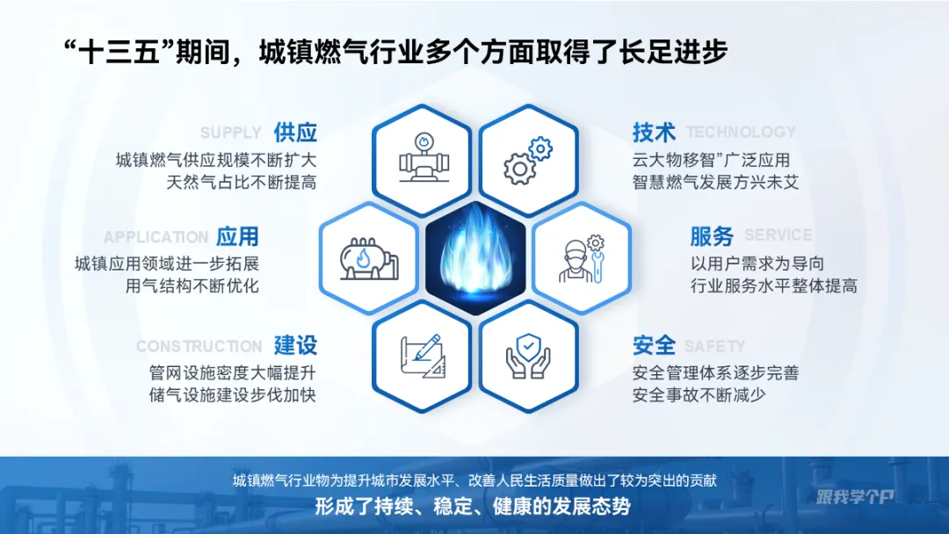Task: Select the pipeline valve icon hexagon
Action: coord(422,160)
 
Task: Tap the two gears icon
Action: coord(527,160)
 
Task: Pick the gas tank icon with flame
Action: coord(369,258)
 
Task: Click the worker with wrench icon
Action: coord(581,258)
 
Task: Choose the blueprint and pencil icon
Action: coord(422,356)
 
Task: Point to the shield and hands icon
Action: coord(527,356)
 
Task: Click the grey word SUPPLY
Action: coord(230,133)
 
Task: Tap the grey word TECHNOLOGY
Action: coord(740,133)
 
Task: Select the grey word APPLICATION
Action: coord(156,238)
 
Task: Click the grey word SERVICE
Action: coord(778,235)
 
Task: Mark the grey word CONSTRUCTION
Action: coord(199,347)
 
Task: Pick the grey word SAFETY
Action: coord(714,347)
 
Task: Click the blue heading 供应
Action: coord(294,133)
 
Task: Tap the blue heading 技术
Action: coord(654,133)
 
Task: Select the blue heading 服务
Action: coord(712,236)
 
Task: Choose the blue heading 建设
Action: coord(294,345)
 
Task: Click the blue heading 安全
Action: coord(654,345)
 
